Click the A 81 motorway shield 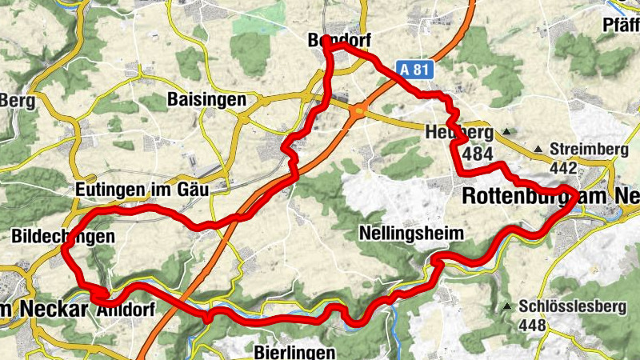[x=413, y=70]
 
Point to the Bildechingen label [x=63, y=236]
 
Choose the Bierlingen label [x=290, y=351]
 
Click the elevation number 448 [x=532, y=326]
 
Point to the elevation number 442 [x=564, y=168]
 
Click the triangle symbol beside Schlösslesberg [x=506, y=306]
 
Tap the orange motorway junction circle [x=362, y=110]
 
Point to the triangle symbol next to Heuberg [x=507, y=131]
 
